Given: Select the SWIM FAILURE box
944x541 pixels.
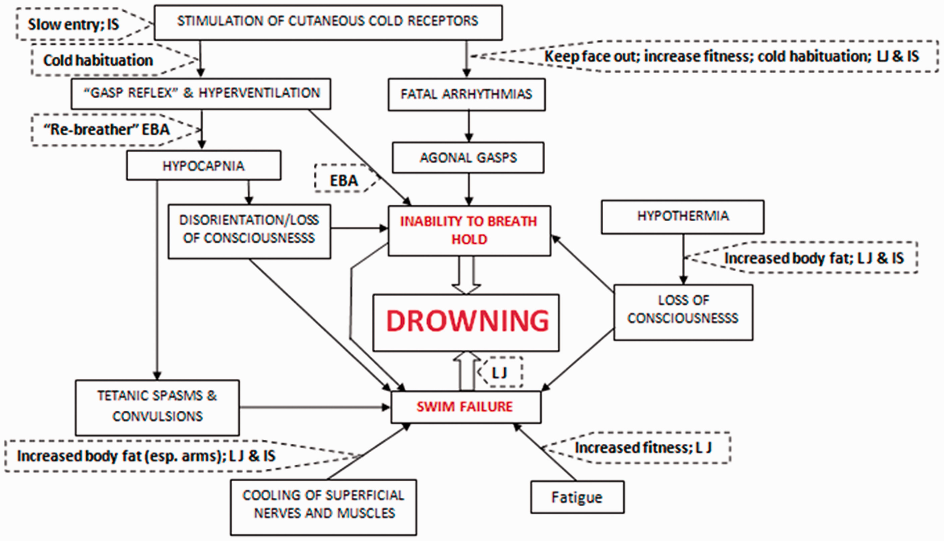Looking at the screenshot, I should [465, 407].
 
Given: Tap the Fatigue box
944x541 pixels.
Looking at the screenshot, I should [577, 497].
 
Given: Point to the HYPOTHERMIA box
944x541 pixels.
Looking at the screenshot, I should [683, 216].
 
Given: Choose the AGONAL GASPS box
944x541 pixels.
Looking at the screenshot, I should [468, 158].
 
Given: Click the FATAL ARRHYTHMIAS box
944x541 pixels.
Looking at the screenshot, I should [466, 94].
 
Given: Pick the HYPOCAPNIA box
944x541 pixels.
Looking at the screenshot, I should [203, 165].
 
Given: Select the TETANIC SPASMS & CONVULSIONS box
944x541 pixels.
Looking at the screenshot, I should [158, 407].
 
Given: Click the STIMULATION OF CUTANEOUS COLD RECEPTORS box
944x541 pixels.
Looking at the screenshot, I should [328, 21].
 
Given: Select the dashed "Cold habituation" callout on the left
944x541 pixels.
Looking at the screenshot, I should [98, 60].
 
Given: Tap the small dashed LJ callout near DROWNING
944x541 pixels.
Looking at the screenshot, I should [500, 373].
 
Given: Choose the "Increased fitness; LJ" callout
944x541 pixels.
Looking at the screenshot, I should [643, 448].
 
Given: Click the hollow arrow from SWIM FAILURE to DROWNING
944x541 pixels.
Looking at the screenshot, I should [467, 372].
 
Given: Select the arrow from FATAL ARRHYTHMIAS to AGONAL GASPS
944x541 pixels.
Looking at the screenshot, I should [469, 126].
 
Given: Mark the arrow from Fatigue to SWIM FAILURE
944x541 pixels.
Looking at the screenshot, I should [545, 453].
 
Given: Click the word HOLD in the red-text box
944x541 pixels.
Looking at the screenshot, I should [469, 239].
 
